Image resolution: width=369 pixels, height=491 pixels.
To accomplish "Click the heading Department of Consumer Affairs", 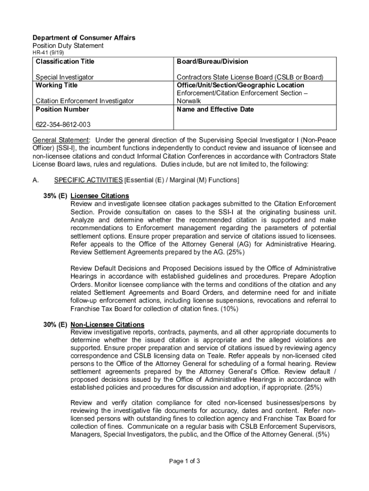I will [83, 37].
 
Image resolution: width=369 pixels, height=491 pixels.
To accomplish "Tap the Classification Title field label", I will [65, 61].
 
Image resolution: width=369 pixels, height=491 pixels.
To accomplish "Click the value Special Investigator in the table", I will [65, 77].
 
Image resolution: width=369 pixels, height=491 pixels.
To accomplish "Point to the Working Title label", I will [57, 85].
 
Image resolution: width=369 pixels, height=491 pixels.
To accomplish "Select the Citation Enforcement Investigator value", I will [85, 101].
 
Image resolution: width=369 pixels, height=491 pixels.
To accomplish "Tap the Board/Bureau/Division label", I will [212, 61].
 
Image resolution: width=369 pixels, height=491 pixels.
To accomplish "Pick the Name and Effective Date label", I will [215, 109].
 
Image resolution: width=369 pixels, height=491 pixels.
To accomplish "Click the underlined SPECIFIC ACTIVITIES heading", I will [88, 180].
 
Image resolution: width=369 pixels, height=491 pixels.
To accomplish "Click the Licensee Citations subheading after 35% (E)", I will [100, 196].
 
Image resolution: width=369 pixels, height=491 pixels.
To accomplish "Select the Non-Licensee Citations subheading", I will [107, 324].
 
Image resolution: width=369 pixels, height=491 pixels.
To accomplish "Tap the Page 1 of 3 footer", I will [184, 461].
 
